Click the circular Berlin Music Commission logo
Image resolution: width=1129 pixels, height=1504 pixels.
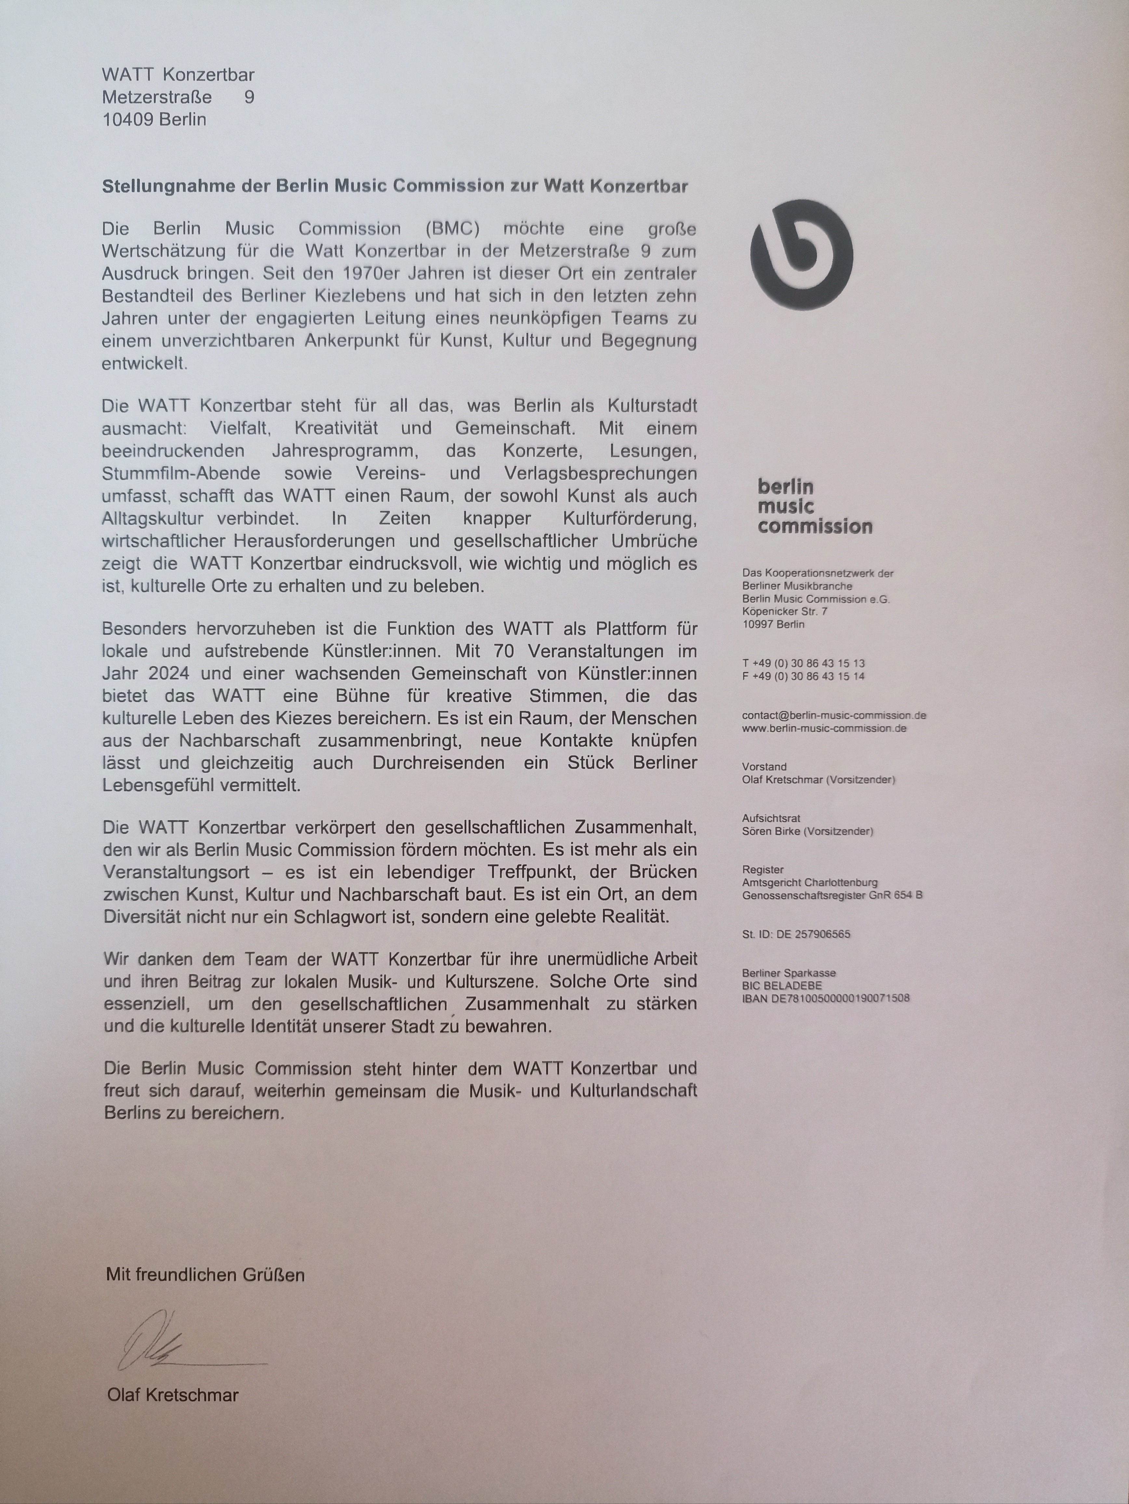(802, 253)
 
